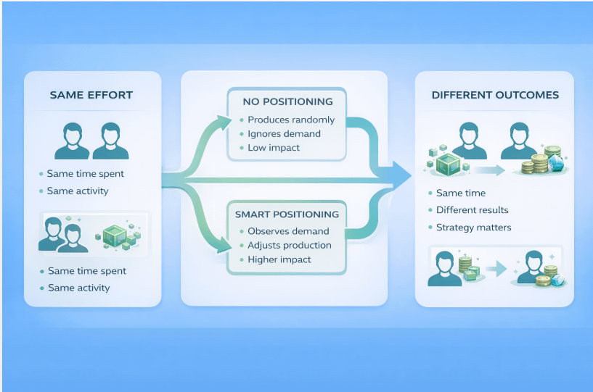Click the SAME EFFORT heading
coord(91,95)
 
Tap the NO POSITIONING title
coord(287,101)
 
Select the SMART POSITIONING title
coord(287,214)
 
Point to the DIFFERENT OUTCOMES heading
coord(495,95)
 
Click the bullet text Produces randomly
coord(291,120)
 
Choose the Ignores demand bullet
coord(284,133)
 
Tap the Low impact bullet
coord(274,148)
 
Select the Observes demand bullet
coord(288,231)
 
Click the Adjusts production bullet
coord(290,245)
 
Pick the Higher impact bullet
coord(279,259)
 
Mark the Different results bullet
coord(472,210)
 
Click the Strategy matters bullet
coord(473,228)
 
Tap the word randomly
coord(314,120)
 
